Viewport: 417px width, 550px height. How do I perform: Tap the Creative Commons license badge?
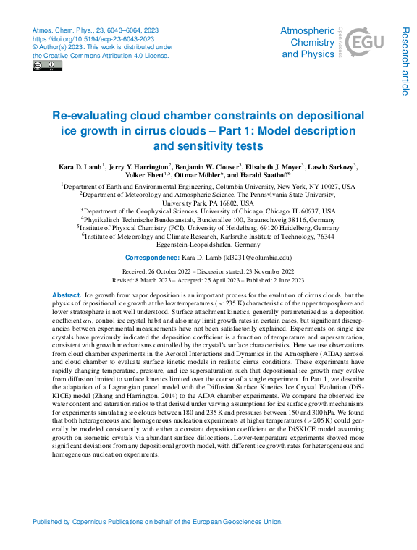(48, 66)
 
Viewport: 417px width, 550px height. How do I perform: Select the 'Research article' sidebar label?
(405, 60)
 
